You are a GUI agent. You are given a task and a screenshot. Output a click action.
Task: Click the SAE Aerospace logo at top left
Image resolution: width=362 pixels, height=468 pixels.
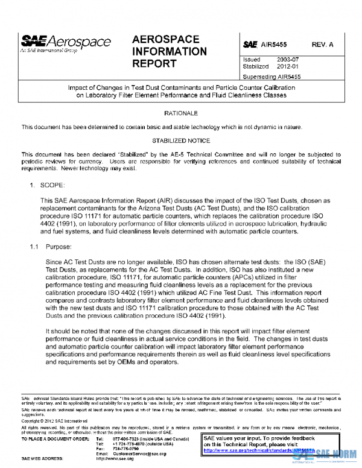[66, 42]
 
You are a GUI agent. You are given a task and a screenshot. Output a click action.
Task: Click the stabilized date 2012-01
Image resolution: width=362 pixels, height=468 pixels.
[289, 68]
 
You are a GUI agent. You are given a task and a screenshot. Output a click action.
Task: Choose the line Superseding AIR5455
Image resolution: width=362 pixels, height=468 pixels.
[271, 77]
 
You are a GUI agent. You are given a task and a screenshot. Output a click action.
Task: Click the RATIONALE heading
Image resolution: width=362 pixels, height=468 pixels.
[181, 113]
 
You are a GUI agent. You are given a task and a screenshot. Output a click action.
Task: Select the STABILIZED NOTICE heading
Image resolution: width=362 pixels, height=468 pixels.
[181, 141]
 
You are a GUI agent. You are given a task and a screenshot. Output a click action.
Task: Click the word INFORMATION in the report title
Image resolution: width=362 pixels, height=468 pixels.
[169, 51]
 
